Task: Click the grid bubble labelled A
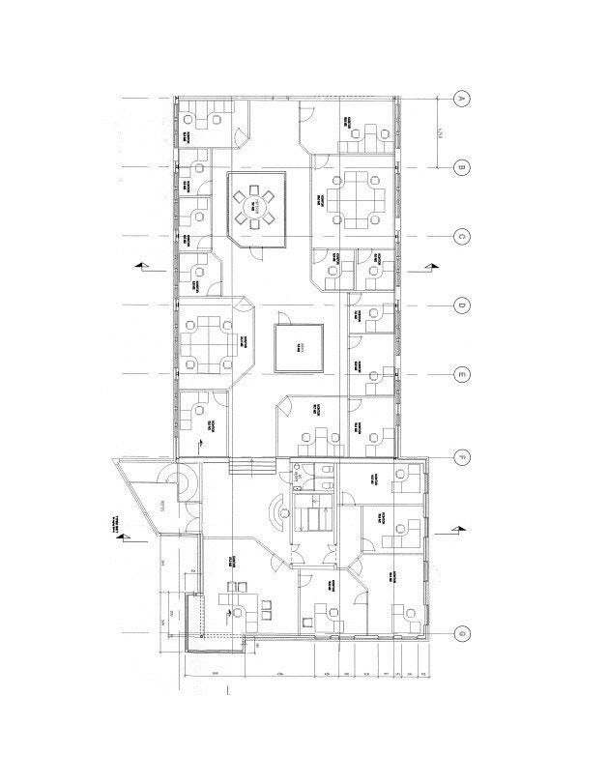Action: (x=462, y=99)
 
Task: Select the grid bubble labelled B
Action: (x=462, y=167)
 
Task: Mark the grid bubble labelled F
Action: (x=462, y=455)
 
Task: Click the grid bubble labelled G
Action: (x=462, y=633)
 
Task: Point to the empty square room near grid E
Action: (x=301, y=347)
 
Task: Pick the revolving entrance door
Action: (x=181, y=480)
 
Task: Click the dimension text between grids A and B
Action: (x=441, y=132)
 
